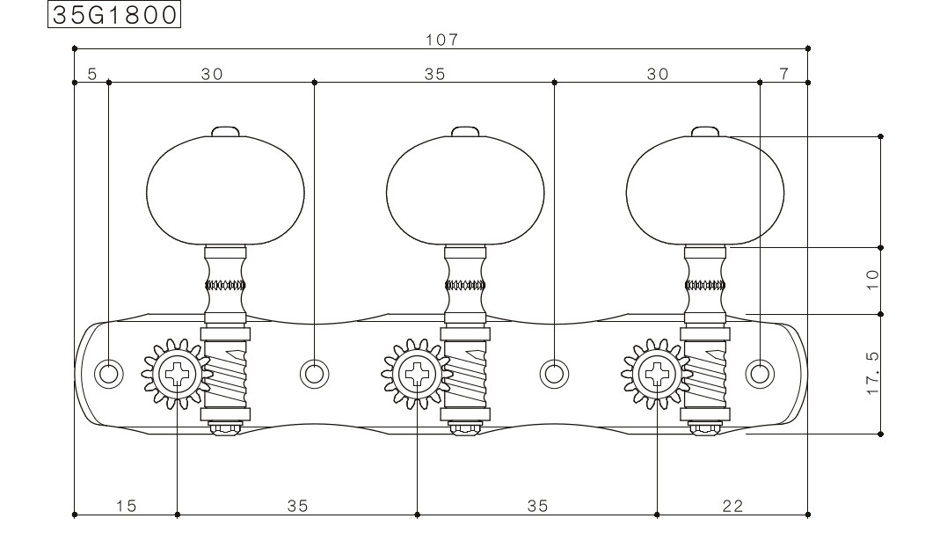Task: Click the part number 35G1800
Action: click(x=114, y=15)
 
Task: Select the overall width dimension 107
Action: click(x=442, y=40)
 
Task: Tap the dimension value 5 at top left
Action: click(x=91, y=75)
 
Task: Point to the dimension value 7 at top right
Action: click(x=784, y=74)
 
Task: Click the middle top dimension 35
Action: click(x=435, y=75)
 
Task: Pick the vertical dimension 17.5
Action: click(x=873, y=374)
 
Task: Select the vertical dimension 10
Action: click(x=873, y=280)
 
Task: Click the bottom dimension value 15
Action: click(x=127, y=505)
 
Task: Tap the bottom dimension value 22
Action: click(x=732, y=505)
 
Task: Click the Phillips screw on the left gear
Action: click(x=177, y=374)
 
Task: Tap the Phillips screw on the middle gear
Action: click(x=417, y=374)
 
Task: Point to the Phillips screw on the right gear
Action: click(x=657, y=374)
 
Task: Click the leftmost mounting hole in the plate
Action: click(x=109, y=374)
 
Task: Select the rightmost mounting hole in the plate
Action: click(x=760, y=374)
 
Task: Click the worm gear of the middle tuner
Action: click(x=465, y=375)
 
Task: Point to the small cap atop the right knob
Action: click(x=705, y=132)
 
